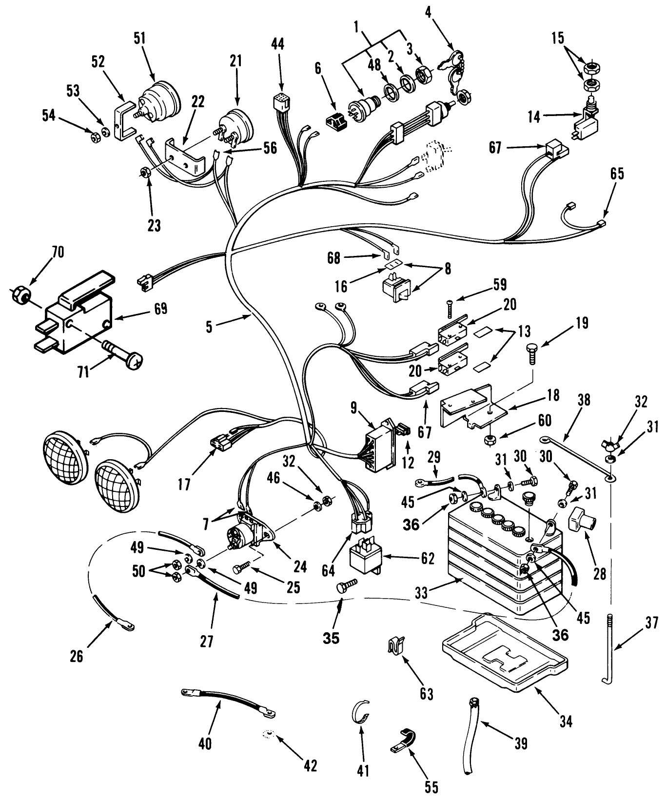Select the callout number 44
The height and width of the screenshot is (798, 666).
(x=278, y=44)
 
